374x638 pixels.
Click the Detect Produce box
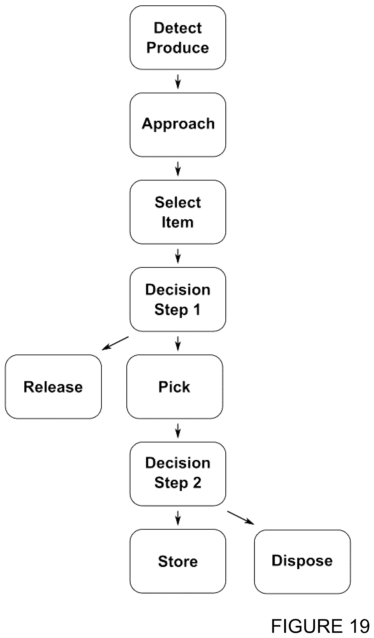178,38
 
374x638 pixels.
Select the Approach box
178,125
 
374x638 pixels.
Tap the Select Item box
178,212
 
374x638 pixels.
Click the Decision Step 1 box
178,299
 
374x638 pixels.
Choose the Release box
53,387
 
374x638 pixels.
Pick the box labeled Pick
175,387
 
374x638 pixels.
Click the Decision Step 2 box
178,474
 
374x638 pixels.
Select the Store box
178,561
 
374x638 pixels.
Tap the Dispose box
302,562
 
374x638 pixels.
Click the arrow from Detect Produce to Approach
178,81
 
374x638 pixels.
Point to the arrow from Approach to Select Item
178,169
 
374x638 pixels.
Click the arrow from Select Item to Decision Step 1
178,256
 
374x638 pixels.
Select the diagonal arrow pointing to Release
115,343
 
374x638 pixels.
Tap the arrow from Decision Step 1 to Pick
178,343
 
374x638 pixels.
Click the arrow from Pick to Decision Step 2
178,430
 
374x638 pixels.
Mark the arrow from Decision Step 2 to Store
178,518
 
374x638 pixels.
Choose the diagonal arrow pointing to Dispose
241,518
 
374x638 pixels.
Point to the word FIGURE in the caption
307,626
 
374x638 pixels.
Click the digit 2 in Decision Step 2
197,482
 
